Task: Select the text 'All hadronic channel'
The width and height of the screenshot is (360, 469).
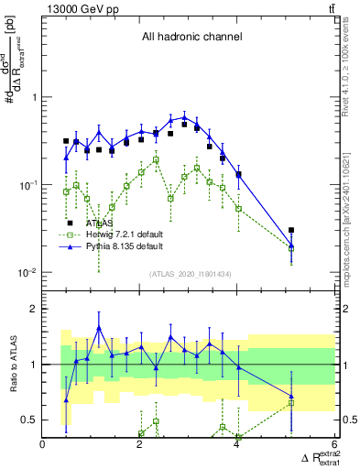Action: pyautogui.click(x=191, y=38)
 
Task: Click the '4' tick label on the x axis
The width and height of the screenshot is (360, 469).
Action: pyautogui.click(x=237, y=444)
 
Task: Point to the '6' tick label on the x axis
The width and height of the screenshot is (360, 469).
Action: pyautogui.click(x=334, y=444)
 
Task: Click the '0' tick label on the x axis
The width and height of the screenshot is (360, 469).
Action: pyautogui.click(x=43, y=444)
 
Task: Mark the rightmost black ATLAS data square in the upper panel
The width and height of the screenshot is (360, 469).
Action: pyautogui.click(x=291, y=231)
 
